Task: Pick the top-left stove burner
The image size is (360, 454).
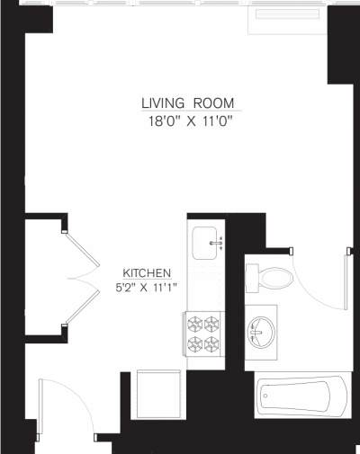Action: [x=193, y=325]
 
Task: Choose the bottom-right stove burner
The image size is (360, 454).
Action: [x=212, y=343]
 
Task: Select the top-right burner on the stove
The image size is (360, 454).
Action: [x=212, y=325]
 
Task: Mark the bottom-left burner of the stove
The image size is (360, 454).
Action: [x=193, y=343]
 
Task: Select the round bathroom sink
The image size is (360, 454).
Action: [x=261, y=332]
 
